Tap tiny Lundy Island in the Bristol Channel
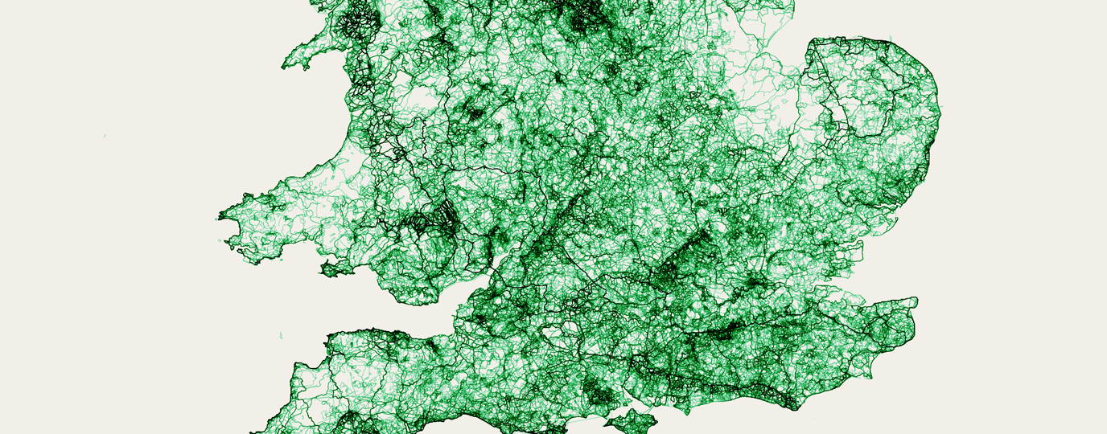[x=281, y=334]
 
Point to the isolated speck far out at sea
[x=105, y=137]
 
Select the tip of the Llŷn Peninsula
[x=284, y=66]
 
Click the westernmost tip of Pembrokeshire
[x=220, y=216]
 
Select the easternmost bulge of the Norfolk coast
[x=940, y=121]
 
